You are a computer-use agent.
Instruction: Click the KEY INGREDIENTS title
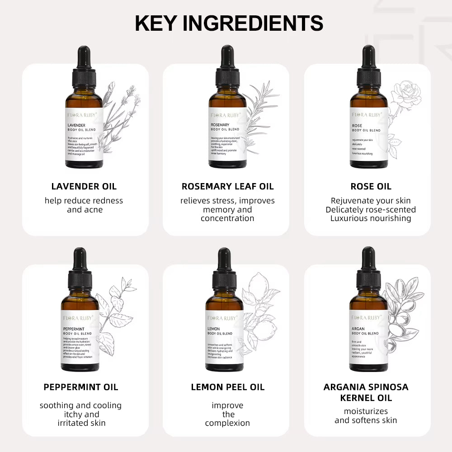[229, 23]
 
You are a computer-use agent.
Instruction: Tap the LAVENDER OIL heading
[84, 186]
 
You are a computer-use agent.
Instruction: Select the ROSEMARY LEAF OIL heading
[227, 186]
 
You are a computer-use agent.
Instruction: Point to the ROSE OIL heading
[371, 186]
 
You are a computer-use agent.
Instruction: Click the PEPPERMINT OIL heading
[81, 387]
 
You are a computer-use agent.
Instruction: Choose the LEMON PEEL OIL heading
[227, 387]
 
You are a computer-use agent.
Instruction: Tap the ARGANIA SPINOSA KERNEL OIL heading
[366, 392]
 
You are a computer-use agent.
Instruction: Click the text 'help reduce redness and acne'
[84, 205]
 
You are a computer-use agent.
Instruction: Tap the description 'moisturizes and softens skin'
[366, 416]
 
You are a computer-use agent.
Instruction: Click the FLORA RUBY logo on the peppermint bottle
[80, 317]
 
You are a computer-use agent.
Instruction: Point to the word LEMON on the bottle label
[214, 329]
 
